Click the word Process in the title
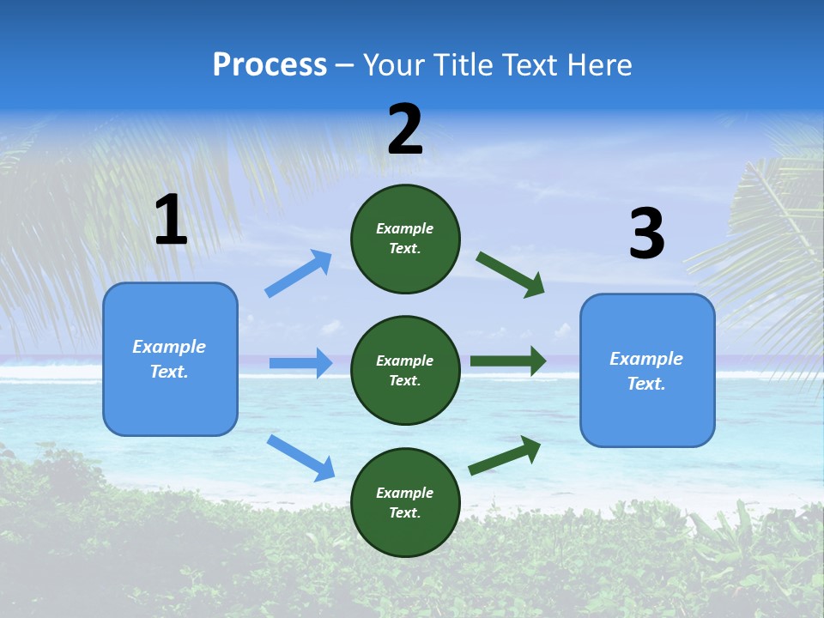(270, 65)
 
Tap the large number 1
(171, 221)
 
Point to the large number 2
(405, 130)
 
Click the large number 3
(646, 234)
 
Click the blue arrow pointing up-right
(299, 274)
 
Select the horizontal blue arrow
(300, 363)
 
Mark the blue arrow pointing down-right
(300, 457)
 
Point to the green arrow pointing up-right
(505, 456)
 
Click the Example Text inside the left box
(169, 359)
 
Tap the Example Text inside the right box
(646, 371)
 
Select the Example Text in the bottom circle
(405, 503)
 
